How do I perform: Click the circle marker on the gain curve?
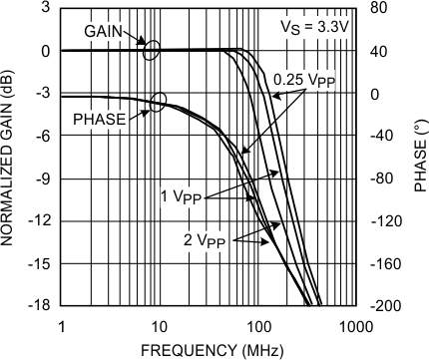point(151,50)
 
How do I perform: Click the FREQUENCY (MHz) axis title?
point(205,349)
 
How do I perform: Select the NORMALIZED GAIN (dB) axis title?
point(12,160)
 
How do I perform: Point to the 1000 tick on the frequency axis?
point(349,325)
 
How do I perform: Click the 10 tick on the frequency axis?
point(159,325)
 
